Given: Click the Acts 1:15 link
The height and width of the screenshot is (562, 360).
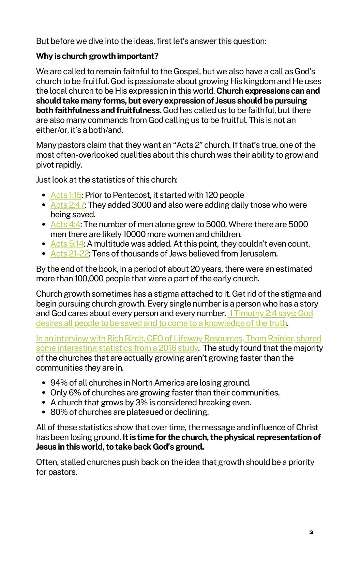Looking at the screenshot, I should tap(66, 195).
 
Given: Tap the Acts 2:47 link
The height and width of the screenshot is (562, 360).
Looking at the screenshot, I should tap(67, 205).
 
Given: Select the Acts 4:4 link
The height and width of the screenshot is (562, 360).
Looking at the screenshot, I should tap(65, 224).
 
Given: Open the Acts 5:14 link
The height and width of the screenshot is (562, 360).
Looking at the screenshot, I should tap(67, 244).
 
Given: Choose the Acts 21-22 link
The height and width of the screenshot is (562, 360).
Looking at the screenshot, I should tap(70, 254).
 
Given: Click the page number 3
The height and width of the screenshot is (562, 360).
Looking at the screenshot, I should tap(311, 532).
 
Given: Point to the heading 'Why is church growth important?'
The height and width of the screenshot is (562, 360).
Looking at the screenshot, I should tap(97, 56).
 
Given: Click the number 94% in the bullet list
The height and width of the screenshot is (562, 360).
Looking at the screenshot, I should tap(59, 383).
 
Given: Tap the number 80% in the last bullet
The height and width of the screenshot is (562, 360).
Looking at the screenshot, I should tap(59, 412).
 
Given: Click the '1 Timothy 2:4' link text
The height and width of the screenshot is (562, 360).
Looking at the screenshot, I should tap(253, 313).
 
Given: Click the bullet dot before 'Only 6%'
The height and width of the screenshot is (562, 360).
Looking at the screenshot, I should tap(44, 393).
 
